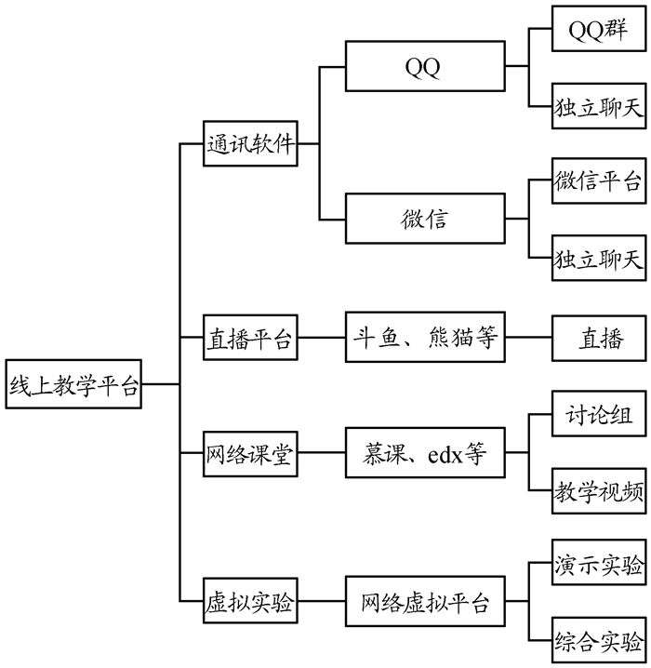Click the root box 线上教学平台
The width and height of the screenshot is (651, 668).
74,383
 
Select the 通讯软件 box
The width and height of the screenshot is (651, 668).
250,144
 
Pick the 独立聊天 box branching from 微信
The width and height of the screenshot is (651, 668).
598,258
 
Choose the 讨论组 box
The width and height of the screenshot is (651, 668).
598,414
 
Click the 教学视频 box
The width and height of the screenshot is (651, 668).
598,491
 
